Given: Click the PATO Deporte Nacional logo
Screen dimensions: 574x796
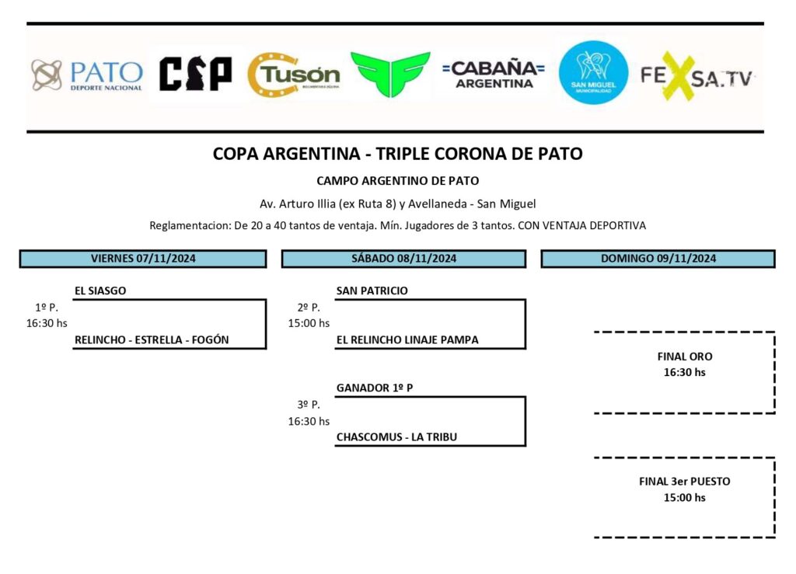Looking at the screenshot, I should point(87,75).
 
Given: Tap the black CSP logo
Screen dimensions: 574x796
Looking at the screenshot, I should point(195,75).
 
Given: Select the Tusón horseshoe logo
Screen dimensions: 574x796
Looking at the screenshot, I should point(294,75).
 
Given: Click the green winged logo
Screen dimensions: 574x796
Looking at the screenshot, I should point(390,75).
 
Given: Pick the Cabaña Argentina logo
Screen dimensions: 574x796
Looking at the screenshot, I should point(494,75).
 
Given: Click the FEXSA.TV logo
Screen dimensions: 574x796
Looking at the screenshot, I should point(696,76).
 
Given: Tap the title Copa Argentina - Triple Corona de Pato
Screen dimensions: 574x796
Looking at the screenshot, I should point(397,154).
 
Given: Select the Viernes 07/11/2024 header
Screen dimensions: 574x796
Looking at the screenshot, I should point(143,259).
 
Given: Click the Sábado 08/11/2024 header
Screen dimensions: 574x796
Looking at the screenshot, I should point(403,259).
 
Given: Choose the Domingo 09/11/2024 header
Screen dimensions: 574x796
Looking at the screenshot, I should point(658,259).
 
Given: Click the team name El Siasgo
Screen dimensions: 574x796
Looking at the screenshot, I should point(100,291).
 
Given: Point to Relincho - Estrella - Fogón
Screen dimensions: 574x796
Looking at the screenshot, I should point(152,340).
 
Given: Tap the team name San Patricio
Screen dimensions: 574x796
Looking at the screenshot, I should point(372,291).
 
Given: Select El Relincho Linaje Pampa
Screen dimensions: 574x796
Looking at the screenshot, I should point(407,340).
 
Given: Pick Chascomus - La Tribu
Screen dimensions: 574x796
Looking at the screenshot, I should point(396,437).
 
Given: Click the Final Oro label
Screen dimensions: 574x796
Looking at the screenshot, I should point(684,357).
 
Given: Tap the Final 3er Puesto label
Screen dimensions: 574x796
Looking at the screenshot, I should point(684,482).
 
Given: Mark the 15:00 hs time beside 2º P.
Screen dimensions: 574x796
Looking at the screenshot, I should point(309,323).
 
